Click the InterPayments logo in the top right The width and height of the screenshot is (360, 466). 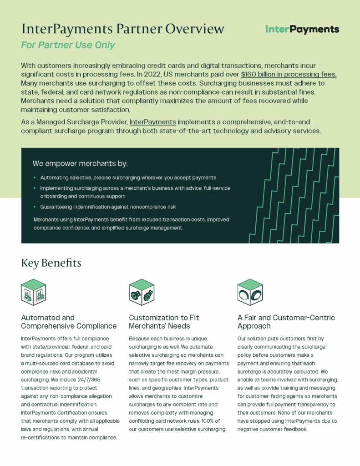coord(302,30)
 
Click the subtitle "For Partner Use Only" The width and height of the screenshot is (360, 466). coord(68,45)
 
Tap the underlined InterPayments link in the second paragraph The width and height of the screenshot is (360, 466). coord(153,122)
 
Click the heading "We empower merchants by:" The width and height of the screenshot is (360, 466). coord(80,163)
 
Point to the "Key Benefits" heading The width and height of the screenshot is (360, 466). coord(51,263)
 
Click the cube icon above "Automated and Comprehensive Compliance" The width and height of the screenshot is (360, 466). coord(33,292)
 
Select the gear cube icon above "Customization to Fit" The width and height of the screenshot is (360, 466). coord(142,292)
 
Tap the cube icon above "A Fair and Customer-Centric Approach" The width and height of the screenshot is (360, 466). coord(250,292)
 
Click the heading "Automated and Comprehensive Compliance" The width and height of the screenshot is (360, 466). coord(69,322)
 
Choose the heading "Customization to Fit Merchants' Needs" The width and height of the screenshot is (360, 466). coord(164,322)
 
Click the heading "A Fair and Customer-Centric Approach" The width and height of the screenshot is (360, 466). coord(286,322)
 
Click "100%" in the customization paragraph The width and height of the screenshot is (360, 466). coord(217,420)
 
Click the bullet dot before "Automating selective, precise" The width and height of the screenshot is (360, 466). coord(35,178)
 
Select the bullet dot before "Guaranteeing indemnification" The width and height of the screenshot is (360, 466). coord(35,207)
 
